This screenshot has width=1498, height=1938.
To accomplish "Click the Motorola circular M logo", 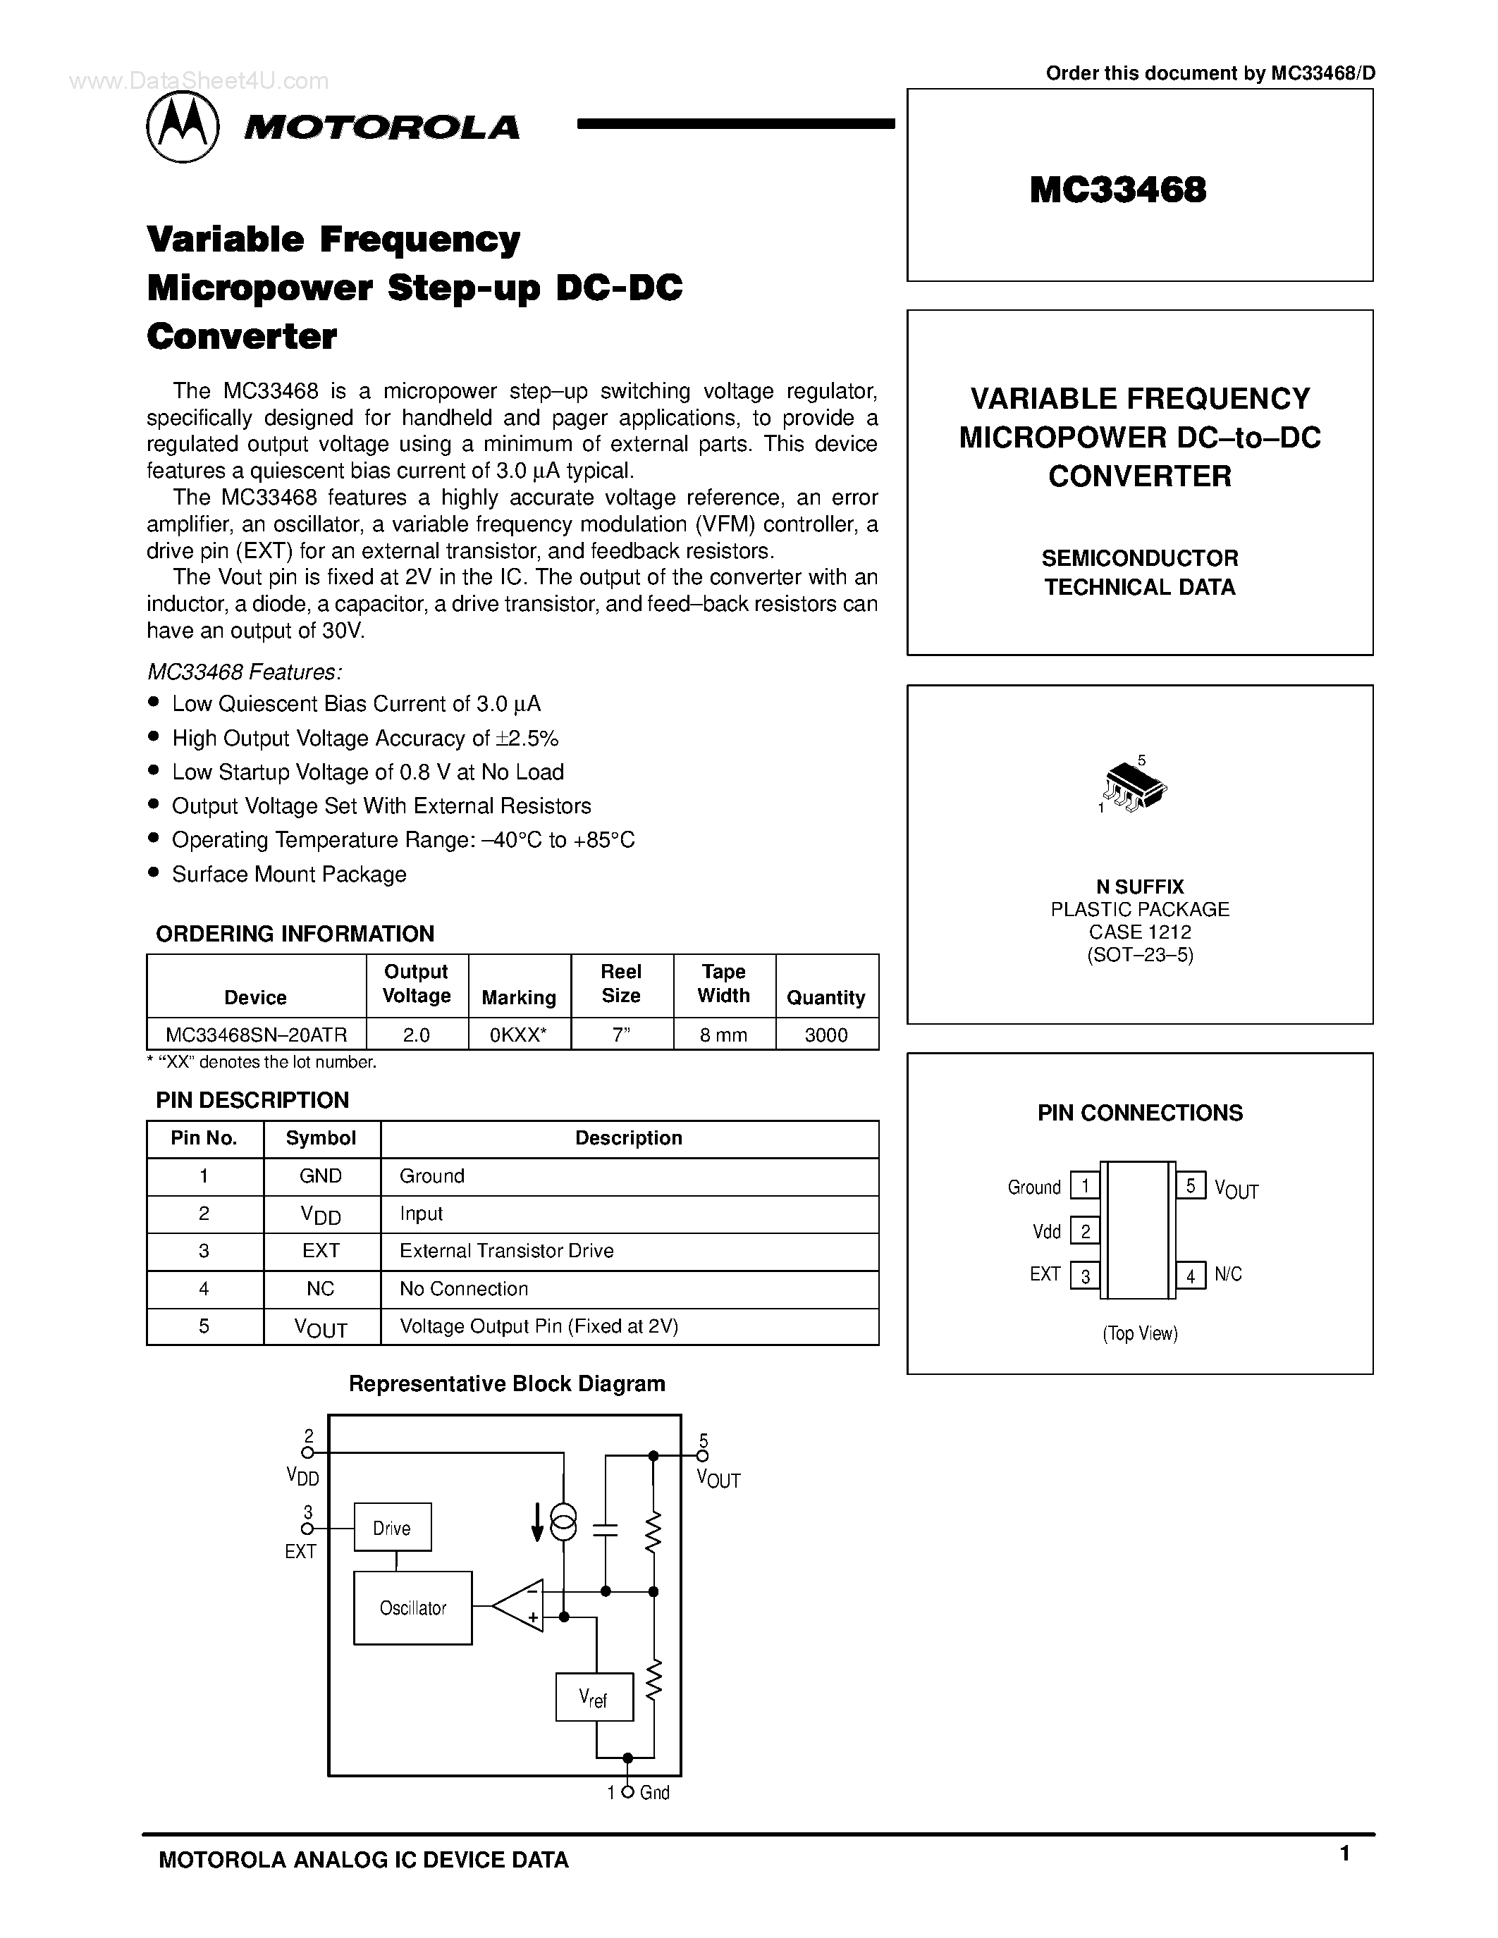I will [x=182, y=128].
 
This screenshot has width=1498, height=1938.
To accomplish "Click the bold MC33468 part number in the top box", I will [x=1117, y=190].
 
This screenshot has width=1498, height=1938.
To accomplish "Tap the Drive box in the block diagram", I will [x=392, y=1527].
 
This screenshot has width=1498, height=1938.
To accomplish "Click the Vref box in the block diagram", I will [x=594, y=1698].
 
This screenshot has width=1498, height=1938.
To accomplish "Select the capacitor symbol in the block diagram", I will [x=606, y=1529].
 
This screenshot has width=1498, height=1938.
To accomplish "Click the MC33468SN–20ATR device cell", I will [x=256, y=1035].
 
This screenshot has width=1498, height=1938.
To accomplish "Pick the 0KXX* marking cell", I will [x=518, y=1035].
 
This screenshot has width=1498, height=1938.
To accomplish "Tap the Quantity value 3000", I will [x=826, y=1035].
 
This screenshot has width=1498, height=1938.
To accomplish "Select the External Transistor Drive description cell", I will [x=506, y=1251].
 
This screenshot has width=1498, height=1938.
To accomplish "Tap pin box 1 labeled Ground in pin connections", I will [x=1084, y=1186].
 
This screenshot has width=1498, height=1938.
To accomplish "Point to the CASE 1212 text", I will [x=1139, y=932].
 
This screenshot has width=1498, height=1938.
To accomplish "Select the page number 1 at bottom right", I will [x=1344, y=1853].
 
